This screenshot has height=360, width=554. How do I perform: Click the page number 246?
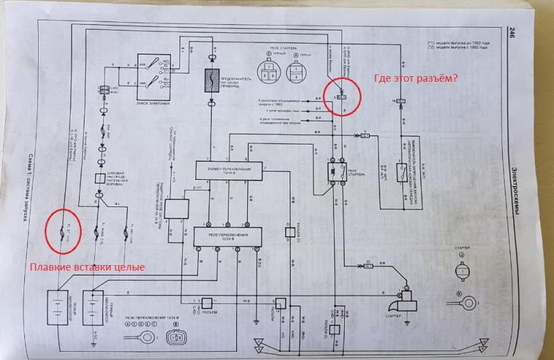click(x=512, y=33)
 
